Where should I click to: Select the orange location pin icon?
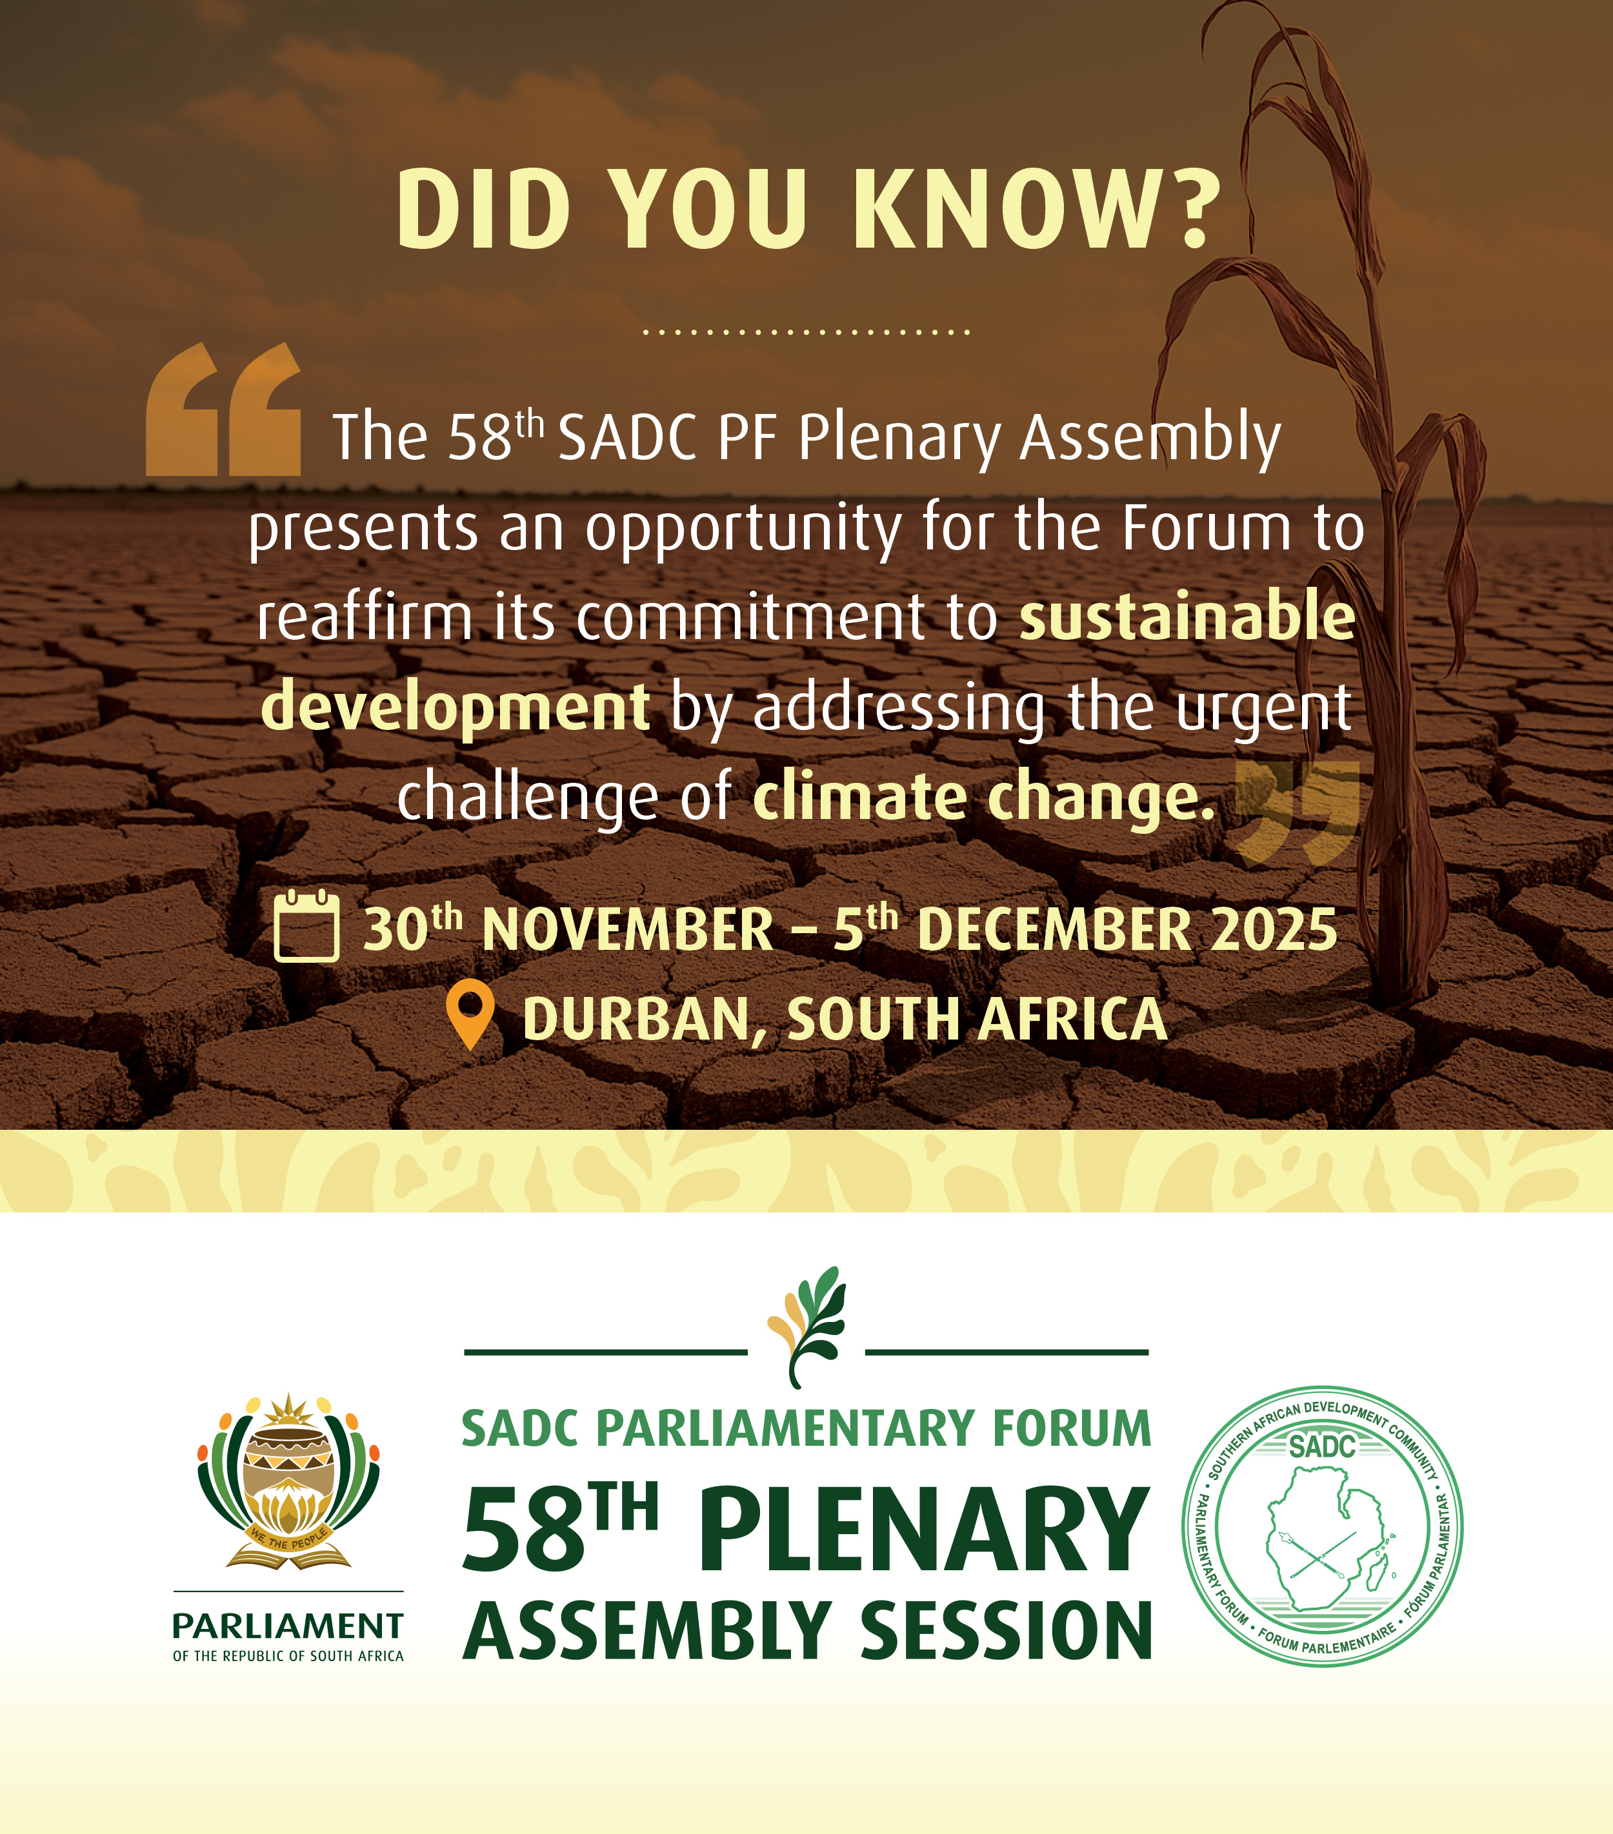[x=470, y=1014]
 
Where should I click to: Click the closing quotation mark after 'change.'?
[x=1298, y=812]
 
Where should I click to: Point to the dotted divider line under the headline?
[x=806, y=332]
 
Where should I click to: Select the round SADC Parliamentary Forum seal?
[x=1322, y=1526]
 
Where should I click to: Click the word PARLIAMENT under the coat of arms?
[x=287, y=1626]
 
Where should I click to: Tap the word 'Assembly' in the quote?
[x=1151, y=438]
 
